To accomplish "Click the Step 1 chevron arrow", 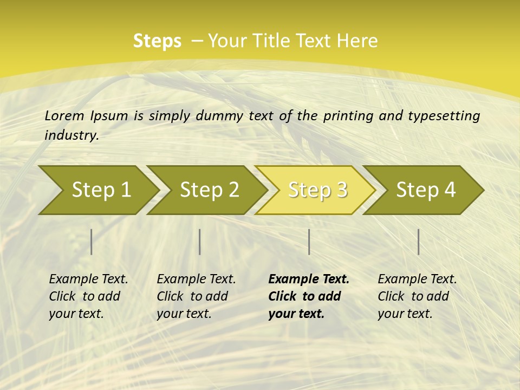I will click(x=101, y=190).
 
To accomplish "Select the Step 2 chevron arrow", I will click(x=209, y=190).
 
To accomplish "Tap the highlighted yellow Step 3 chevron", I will click(x=317, y=190).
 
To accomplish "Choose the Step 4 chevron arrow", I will click(x=426, y=190).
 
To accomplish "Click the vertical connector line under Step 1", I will click(x=92, y=242).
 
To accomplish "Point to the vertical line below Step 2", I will click(x=200, y=242).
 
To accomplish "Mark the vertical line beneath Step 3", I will click(x=309, y=242).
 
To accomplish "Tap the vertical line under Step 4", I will click(x=419, y=242).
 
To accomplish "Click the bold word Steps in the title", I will click(x=157, y=41).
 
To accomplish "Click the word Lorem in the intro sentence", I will click(x=64, y=115).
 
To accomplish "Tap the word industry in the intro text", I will click(x=71, y=135).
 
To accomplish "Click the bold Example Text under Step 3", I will click(x=309, y=279).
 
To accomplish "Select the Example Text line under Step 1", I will click(x=88, y=279).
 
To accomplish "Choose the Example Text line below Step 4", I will click(x=417, y=279).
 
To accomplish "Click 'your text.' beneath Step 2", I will click(x=184, y=314).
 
